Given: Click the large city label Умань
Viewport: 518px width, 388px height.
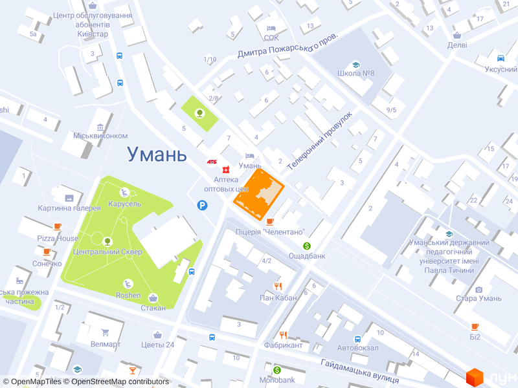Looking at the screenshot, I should (157, 154).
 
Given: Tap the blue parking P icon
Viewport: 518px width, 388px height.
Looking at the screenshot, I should (203, 206).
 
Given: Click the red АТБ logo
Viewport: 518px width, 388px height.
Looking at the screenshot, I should (212, 161).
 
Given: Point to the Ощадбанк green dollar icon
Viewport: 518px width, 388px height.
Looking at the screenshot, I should (307, 246).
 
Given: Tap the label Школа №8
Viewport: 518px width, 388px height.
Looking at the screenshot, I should (355, 73).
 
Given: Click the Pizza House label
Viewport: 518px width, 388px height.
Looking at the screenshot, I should (58, 238).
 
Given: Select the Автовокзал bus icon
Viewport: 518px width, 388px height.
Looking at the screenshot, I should (357, 339).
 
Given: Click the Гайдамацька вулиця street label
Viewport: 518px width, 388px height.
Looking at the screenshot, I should (362, 369).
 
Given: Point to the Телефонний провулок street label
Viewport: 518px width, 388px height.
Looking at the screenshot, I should (319, 140).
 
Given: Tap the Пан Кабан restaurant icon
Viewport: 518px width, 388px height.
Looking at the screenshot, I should (278, 286).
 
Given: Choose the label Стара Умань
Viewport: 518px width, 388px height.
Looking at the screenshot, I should (479, 298).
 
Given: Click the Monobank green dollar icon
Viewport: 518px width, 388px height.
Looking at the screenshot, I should (277, 370).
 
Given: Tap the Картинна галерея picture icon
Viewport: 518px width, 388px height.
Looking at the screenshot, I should (69, 197).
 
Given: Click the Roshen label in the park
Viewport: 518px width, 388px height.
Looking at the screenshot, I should (128, 296).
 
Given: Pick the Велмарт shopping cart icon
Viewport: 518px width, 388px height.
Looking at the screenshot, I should (106, 333).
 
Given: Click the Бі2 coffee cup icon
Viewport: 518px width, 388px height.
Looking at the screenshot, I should (475, 327).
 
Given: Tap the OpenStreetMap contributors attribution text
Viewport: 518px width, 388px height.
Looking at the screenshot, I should (120, 382).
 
